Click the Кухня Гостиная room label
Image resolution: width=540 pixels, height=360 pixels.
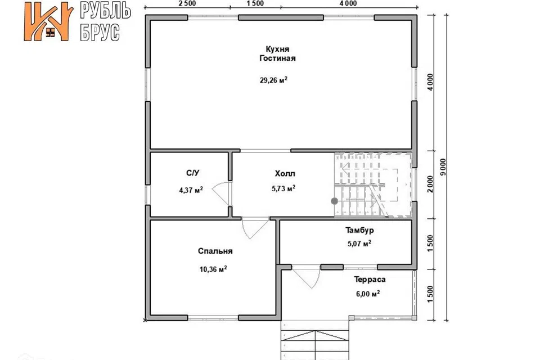click(277, 54)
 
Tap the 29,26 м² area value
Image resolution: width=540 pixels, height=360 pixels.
click(273, 80)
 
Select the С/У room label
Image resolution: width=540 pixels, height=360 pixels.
click(192, 173)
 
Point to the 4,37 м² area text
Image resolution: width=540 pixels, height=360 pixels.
click(191, 190)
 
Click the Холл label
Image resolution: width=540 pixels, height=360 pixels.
click(285, 174)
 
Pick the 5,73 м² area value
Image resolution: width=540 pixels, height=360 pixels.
click(283, 188)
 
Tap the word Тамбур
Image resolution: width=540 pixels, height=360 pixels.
click(359, 229)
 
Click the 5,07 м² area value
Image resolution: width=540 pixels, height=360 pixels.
click(359, 244)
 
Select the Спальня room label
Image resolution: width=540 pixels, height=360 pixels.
click(215, 251)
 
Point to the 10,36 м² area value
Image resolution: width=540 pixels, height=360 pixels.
click(213, 269)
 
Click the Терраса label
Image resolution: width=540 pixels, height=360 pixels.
click(370, 280)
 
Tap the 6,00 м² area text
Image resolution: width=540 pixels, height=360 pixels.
click(368, 294)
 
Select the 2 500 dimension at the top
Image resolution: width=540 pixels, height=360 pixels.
click(187, 3)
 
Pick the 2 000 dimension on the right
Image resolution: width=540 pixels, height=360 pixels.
click(430, 184)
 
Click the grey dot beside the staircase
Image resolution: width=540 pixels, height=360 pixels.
click(334, 201)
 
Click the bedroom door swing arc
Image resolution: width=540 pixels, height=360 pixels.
click(255, 228)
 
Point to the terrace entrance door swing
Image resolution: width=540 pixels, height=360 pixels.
click(307, 279)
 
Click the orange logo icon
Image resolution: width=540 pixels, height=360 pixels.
click(48, 22)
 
